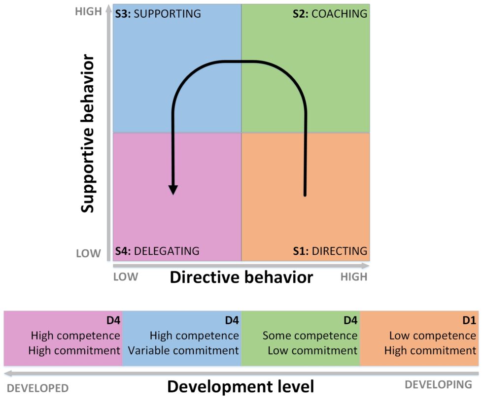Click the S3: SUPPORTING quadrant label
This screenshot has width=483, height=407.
[158, 13]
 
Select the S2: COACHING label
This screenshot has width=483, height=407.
[330, 13]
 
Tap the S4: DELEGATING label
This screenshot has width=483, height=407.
[157, 251]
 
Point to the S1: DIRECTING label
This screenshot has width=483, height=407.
[330, 251]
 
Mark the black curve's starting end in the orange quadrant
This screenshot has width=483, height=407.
[305, 195]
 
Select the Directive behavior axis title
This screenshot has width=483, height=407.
[241, 277]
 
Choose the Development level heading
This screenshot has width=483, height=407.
[241, 386]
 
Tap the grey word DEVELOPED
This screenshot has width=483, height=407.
[38, 388]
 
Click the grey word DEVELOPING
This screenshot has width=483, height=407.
[438, 384]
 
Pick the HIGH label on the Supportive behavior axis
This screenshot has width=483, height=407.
[88, 11]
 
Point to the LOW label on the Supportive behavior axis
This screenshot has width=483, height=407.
[88, 254]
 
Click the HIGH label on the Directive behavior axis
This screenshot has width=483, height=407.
[354, 277]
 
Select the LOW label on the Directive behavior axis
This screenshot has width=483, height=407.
[126, 277]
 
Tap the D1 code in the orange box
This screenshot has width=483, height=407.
[469, 321]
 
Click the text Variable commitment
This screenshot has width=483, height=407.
[184, 351]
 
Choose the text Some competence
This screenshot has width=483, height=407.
[310, 336]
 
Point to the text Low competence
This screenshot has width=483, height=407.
[433, 336]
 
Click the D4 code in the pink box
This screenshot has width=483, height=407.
[113, 321]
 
